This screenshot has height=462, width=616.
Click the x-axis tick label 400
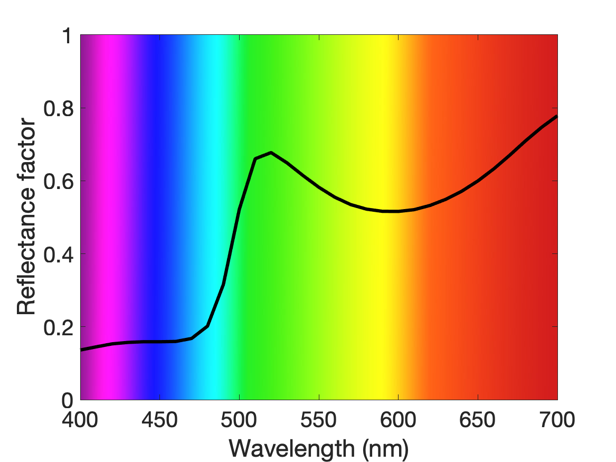coord(80,420)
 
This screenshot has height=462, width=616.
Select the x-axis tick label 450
coord(159,420)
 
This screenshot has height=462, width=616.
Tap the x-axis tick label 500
coord(239,420)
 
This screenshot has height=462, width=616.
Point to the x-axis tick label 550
coord(319,420)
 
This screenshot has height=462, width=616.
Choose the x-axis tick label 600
coord(398,420)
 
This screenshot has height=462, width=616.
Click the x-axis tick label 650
coord(477,420)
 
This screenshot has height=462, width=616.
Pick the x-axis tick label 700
coord(557,420)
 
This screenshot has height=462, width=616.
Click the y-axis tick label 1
coord(68,36)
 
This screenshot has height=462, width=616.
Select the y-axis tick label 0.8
coord(59,108)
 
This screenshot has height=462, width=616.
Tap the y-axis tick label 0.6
coord(59,182)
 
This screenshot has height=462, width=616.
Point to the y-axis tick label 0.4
coord(59,254)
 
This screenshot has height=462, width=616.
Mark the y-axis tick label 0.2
coord(59,327)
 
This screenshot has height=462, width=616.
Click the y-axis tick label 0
coord(68,400)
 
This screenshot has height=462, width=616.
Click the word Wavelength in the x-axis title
coord(292,448)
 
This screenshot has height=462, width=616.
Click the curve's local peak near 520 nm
coord(271,153)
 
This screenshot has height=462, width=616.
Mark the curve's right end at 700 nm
coord(557,116)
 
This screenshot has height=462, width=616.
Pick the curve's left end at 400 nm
coord(81,350)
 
